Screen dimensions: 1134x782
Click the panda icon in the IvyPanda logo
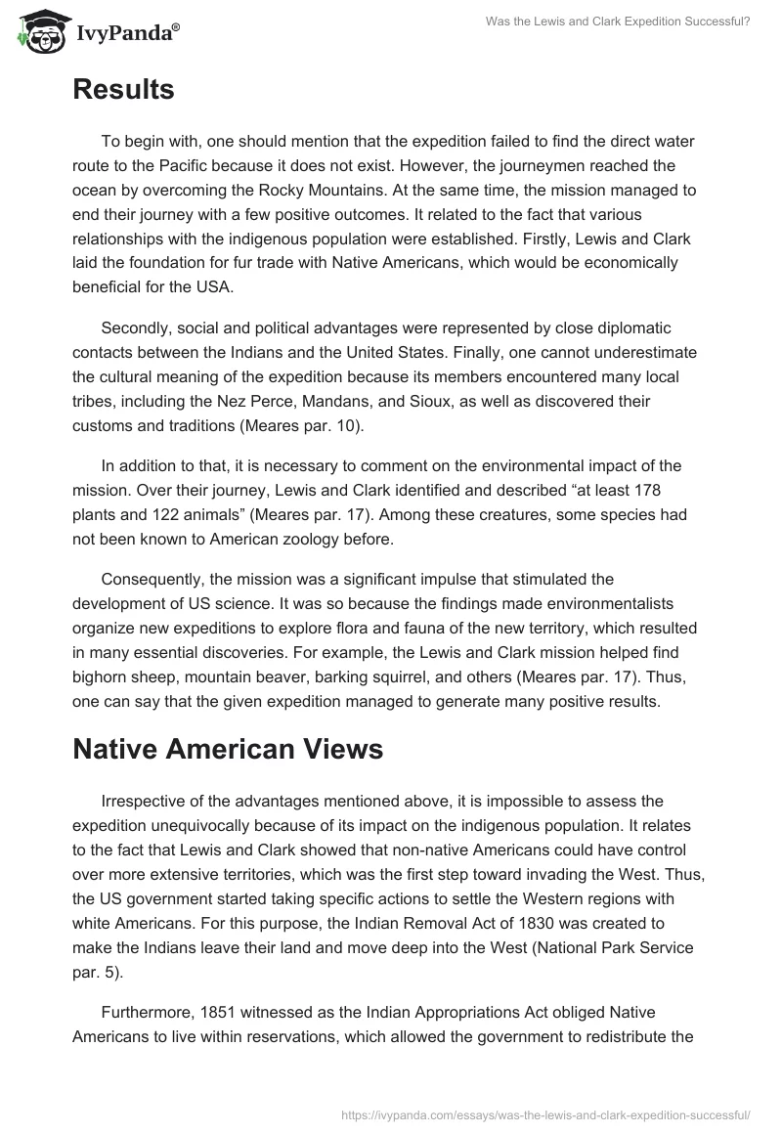click(x=37, y=32)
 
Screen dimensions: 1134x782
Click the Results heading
click(x=123, y=90)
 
